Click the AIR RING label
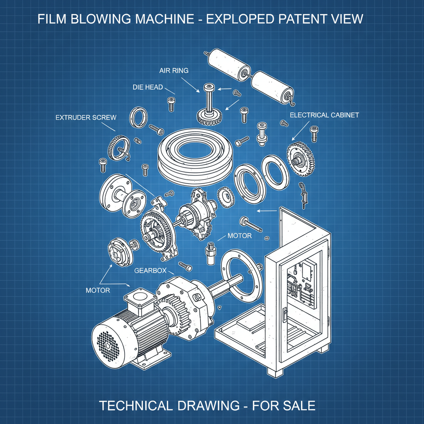click(174, 71)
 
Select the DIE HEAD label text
click(148, 87)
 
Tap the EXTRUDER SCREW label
click(86, 118)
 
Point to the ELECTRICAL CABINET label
click(324, 115)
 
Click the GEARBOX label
click(150, 271)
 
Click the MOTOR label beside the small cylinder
click(239, 236)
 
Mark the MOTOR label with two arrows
click(98, 290)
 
